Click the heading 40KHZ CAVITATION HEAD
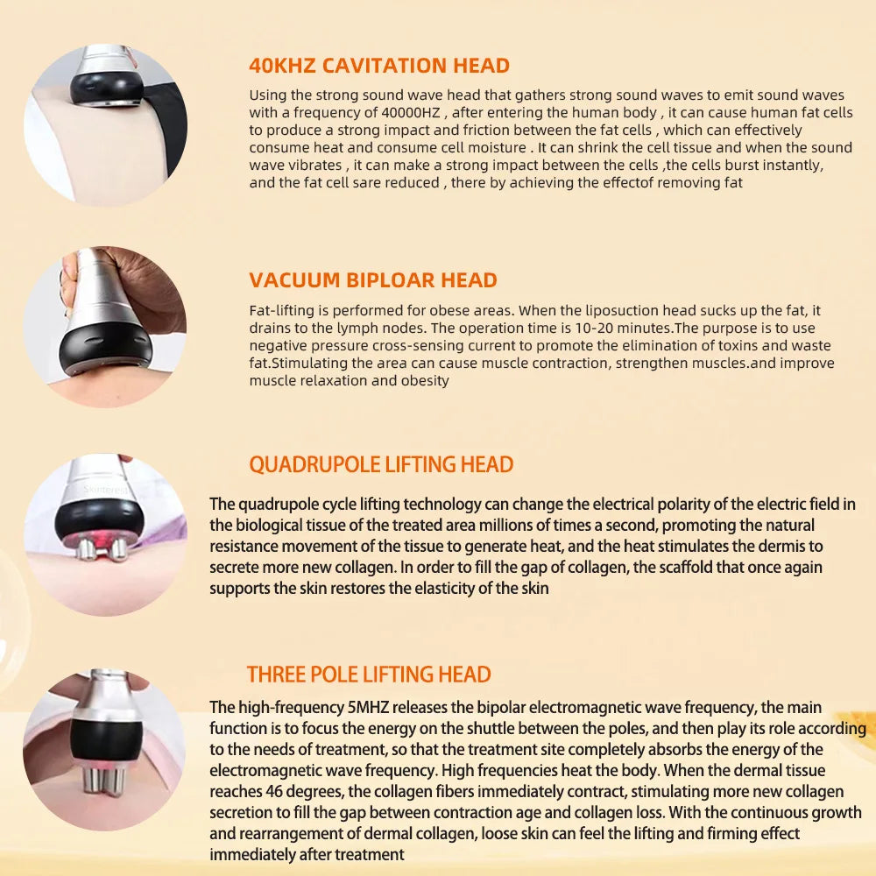coord(378,66)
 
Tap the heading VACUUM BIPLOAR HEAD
coord(373,280)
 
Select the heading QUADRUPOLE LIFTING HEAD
coord(381,464)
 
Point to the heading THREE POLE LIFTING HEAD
coord(368,675)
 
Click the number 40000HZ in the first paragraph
coord(417,112)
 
